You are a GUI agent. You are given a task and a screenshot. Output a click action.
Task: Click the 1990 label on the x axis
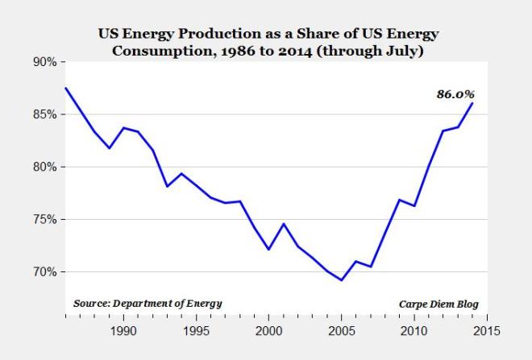click(123, 331)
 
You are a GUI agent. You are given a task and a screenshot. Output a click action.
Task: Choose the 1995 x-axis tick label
click(196, 331)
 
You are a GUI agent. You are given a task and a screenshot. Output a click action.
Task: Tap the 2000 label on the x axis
click(268, 331)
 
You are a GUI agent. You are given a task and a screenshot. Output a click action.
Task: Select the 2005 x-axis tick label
click(342, 331)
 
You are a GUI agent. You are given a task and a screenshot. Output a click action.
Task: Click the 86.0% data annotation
click(455, 94)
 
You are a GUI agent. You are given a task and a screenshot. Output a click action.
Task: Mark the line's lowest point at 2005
click(342, 280)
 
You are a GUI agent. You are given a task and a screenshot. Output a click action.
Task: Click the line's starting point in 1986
click(65, 88)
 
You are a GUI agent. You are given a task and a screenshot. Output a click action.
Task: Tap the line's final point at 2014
click(472, 103)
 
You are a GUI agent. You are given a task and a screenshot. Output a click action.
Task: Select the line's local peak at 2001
click(283, 224)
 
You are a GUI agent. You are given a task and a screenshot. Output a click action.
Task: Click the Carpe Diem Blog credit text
click(438, 304)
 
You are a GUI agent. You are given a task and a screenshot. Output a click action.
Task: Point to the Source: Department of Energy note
click(147, 304)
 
